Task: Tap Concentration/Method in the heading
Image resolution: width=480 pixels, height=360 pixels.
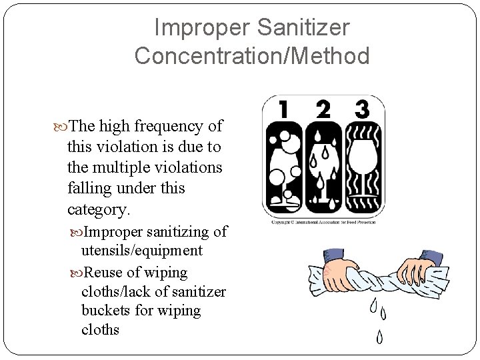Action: [251, 55]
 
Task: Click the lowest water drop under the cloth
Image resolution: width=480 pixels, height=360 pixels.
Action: [379, 336]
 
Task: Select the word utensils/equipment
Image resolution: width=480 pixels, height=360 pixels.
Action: [141, 251]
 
